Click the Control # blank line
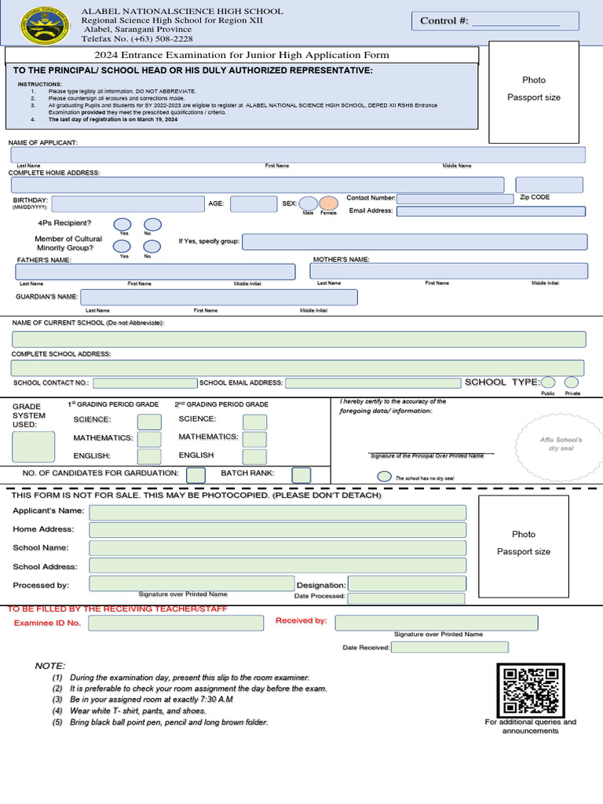(x=515, y=24)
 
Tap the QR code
(x=531, y=690)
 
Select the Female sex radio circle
(x=328, y=204)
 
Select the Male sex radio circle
(x=309, y=204)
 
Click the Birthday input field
(x=128, y=204)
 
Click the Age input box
(x=253, y=204)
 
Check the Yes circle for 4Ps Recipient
(x=123, y=225)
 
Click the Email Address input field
(x=492, y=211)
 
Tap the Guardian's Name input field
(x=218, y=298)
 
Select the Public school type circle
(x=548, y=382)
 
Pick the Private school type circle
(x=572, y=382)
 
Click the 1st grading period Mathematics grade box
(x=149, y=439)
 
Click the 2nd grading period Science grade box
(x=254, y=422)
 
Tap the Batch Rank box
(x=301, y=475)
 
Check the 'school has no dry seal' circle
(x=384, y=477)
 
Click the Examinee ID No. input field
(x=176, y=623)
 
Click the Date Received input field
(x=449, y=648)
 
